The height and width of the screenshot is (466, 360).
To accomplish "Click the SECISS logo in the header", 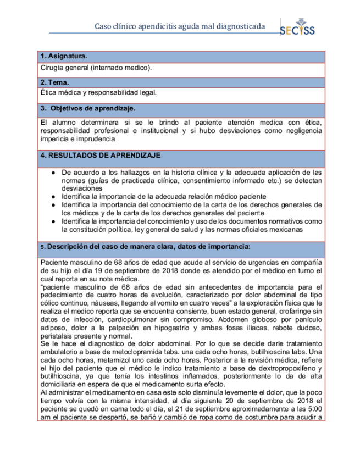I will click(297, 28).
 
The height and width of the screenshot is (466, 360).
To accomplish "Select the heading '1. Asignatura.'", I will click(64, 57).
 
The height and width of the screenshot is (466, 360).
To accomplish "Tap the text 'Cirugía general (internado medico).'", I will click(96, 68).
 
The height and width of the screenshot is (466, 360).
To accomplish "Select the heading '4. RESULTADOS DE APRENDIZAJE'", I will click(99, 155).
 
